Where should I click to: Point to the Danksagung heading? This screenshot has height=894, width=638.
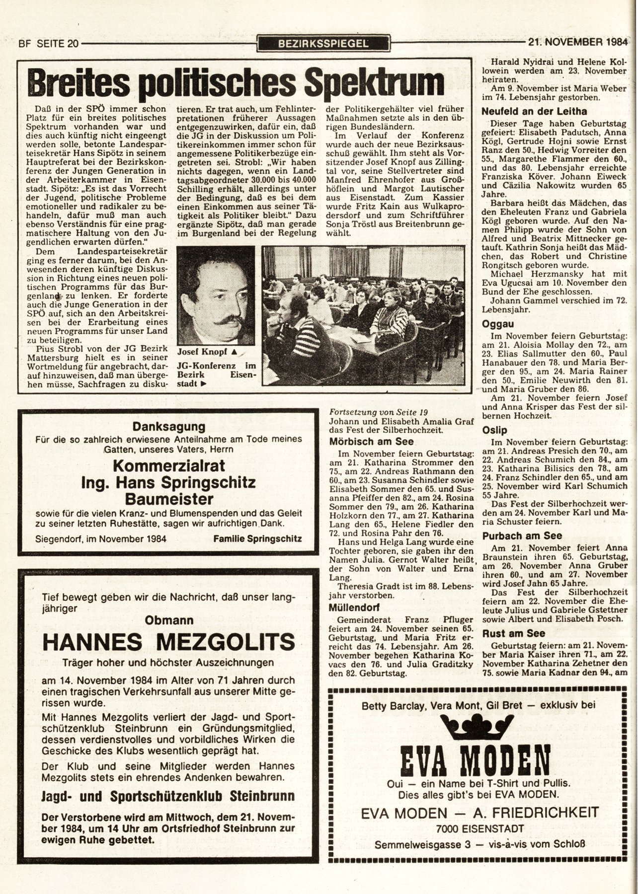pos(168,427)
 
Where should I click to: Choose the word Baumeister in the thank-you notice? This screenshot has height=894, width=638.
pos(168,498)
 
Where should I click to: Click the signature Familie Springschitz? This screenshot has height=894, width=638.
pos(257,538)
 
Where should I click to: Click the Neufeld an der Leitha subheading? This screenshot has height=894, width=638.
pos(534,111)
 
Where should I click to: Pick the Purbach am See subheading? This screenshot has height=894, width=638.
pos(522,535)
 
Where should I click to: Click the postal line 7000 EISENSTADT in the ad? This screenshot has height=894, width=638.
pos(477,828)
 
